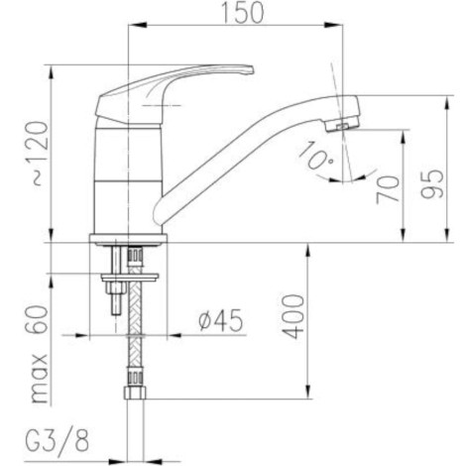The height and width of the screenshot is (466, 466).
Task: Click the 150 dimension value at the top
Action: [242, 13]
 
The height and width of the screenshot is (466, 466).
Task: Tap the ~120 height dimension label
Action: [40, 154]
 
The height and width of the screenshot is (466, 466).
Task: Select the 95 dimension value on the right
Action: [431, 183]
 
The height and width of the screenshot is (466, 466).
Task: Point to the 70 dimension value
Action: [388, 189]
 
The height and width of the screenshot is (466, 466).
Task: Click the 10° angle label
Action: [315, 157]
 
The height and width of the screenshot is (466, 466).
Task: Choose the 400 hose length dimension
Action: [293, 316]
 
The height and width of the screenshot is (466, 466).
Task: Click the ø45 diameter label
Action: [220, 320]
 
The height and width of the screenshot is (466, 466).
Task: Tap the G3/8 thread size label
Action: [58, 441]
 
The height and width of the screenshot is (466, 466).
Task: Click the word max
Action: [39, 379]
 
